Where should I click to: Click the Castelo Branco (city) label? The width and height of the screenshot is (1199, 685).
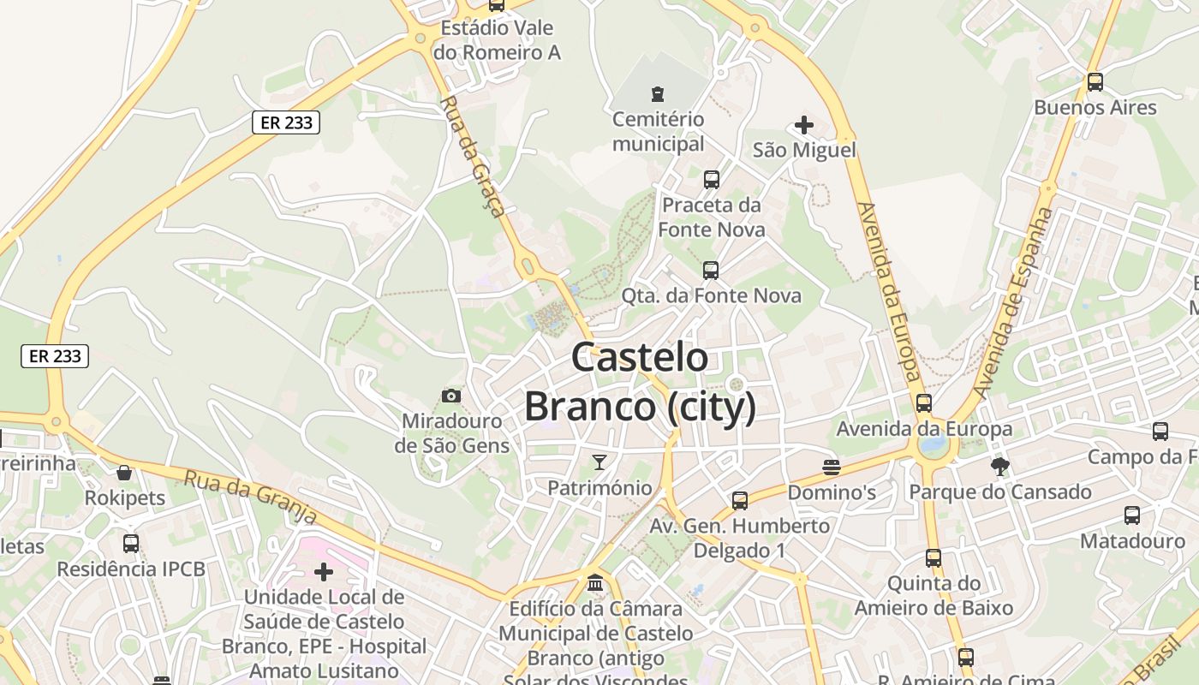pyautogui.click(x=640, y=382)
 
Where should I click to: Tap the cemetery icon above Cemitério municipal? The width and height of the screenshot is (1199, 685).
pyautogui.click(x=658, y=93)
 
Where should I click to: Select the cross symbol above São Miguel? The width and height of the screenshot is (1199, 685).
pyautogui.click(x=803, y=125)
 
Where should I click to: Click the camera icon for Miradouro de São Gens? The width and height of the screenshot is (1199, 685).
pyautogui.click(x=451, y=396)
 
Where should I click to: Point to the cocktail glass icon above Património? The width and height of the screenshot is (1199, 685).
pyautogui.click(x=599, y=462)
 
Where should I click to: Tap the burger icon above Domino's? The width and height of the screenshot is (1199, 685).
pyautogui.click(x=831, y=468)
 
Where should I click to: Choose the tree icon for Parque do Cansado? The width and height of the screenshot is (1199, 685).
pyautogui.click(x=999, y=467)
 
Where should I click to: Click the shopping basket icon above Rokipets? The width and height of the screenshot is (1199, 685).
pyautogui.click(x=124, y=473)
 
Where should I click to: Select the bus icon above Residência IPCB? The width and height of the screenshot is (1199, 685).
pyautogui.click(x=131, y=543)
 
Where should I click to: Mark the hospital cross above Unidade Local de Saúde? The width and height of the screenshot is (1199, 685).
pyautogui.click(x=324, y=571)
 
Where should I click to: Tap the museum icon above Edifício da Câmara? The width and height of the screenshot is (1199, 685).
pyautogui.click(x=595, y=584)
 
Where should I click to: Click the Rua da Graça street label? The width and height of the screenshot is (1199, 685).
pyautogui.click(x=472, y=156)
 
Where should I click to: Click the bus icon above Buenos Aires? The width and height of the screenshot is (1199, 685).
pyautogui.click(x=1095, y=82)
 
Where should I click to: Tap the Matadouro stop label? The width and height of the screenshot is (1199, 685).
pyautogui.click(x=1132, y=541)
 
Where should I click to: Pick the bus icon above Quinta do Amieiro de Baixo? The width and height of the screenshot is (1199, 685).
pyautogui.click(x=934, y=558)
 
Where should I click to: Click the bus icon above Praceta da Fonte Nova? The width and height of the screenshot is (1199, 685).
pyautogui.click(x=711, y=180)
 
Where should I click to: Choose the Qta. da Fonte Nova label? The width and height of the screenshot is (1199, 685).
pyautogui.click(x=711, y=296)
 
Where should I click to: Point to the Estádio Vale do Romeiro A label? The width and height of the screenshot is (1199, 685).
pyautogui.click(x=497, y=40)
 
